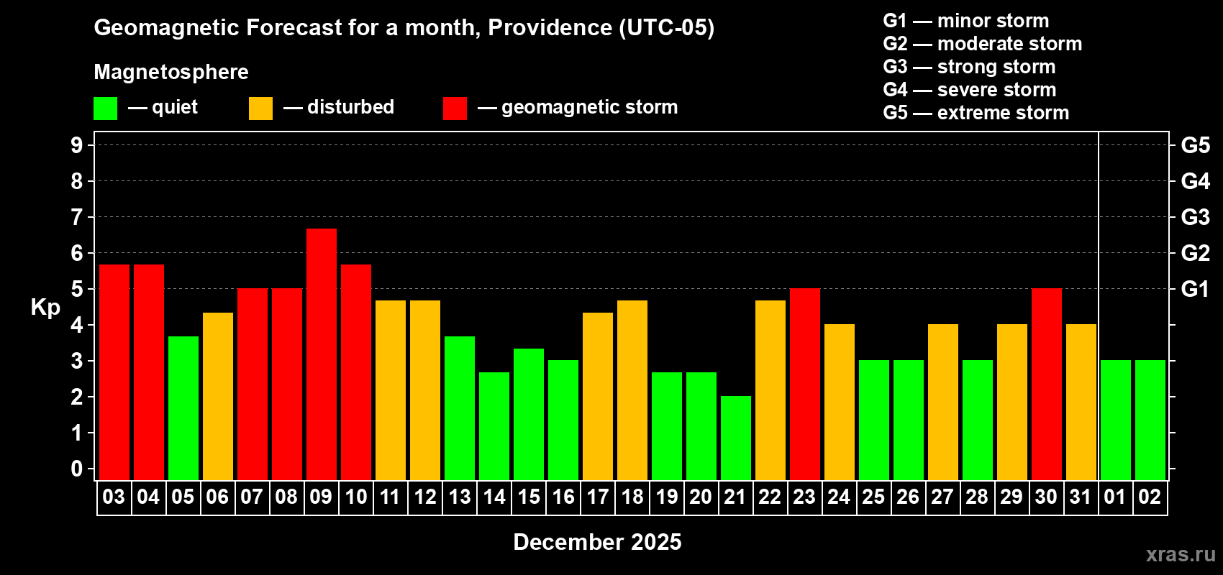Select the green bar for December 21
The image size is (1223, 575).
[736, 438]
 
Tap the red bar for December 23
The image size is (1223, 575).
[805, 384]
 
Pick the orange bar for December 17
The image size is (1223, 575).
[598, 396]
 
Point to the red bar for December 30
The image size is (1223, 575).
[1047, 384]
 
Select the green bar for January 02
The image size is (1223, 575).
[1150, 420]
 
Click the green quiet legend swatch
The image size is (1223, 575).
[106, 109]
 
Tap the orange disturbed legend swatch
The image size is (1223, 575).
[260, 109]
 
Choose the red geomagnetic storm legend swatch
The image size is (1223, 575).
[455, 109]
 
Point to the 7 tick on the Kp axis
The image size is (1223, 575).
[77, 217]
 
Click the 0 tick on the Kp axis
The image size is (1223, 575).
[77, 469]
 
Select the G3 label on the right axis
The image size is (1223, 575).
[1195, 217]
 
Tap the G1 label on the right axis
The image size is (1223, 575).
[1195, 289]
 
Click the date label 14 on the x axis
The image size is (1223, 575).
[494, 497]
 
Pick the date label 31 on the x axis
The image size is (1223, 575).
[1081, 497]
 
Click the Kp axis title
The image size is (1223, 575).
[45, 307]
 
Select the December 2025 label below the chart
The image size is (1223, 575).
[597, 542]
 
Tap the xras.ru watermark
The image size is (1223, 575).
[1181, 554]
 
